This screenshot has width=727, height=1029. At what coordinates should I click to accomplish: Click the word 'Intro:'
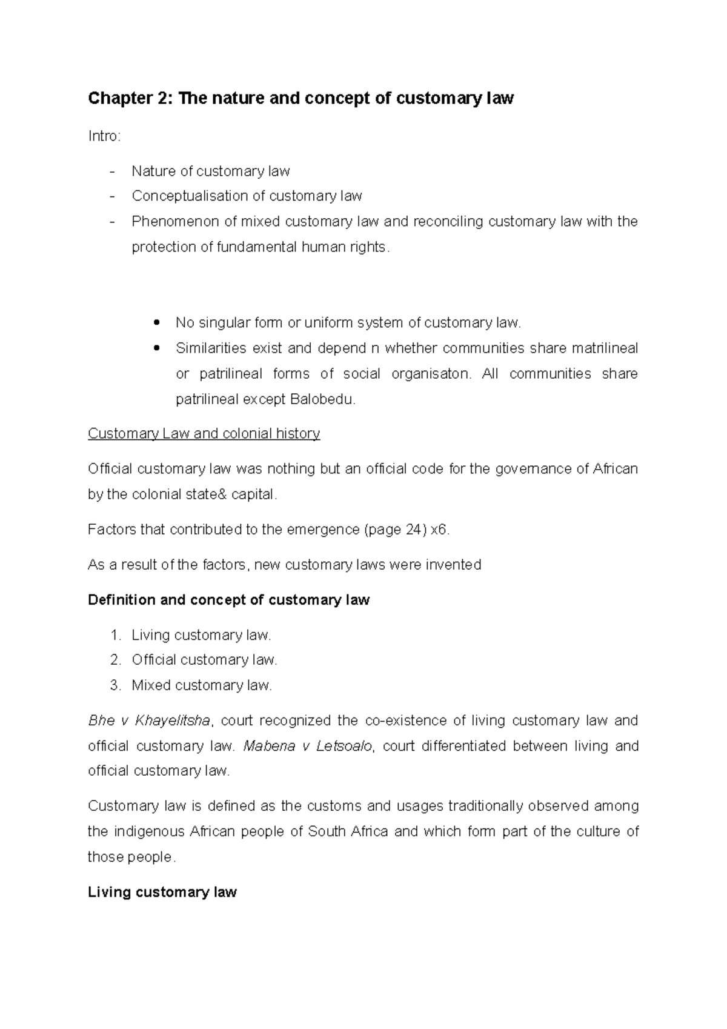pos(104,136)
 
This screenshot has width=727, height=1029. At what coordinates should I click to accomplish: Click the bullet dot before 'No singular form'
pos(158,323)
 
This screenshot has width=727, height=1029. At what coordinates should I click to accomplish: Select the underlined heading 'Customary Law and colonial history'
pos(204,434)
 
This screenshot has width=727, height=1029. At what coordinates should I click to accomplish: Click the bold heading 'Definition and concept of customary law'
pos(228,600)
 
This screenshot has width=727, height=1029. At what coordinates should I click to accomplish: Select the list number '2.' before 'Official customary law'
pos(116,660)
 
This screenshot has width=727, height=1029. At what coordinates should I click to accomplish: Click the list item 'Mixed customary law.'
pos(202,685)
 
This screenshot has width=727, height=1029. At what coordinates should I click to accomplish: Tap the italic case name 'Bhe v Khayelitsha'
pos(149,721)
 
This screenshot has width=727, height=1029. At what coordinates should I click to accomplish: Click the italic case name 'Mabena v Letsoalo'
pos(308,746)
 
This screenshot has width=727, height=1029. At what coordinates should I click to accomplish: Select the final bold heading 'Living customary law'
pos(162,892)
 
